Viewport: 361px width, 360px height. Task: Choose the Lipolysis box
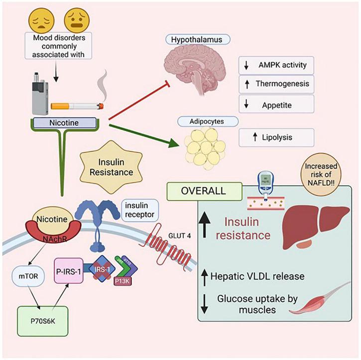[276, 137]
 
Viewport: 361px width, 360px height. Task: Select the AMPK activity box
[276, 64]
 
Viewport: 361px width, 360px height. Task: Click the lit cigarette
[77, 106]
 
